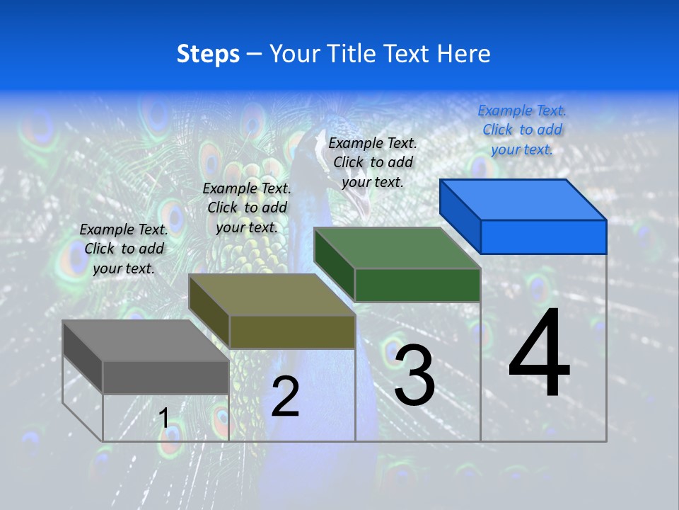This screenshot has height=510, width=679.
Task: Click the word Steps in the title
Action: click(208, 54)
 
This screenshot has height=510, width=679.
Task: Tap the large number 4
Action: click(539, 353)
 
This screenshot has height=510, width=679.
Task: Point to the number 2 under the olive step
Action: click(285, 397)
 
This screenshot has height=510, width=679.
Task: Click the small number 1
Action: click(164, 418)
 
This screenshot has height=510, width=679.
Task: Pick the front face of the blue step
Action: click(543, 237)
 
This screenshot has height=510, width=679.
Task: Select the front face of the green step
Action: click(417, 285)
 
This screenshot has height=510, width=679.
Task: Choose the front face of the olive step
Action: click(292, 331)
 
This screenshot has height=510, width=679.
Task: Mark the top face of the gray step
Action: click(145, 341)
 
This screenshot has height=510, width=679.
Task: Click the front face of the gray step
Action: click(166, 377)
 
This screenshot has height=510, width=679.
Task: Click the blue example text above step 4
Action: click(522, 130)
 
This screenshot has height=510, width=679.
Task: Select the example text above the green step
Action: click(373, 162)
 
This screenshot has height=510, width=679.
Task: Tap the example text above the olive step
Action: click(247, 208)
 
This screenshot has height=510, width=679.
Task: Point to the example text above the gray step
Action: click(124, 249)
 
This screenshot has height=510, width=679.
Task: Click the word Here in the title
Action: click(465, 54)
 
